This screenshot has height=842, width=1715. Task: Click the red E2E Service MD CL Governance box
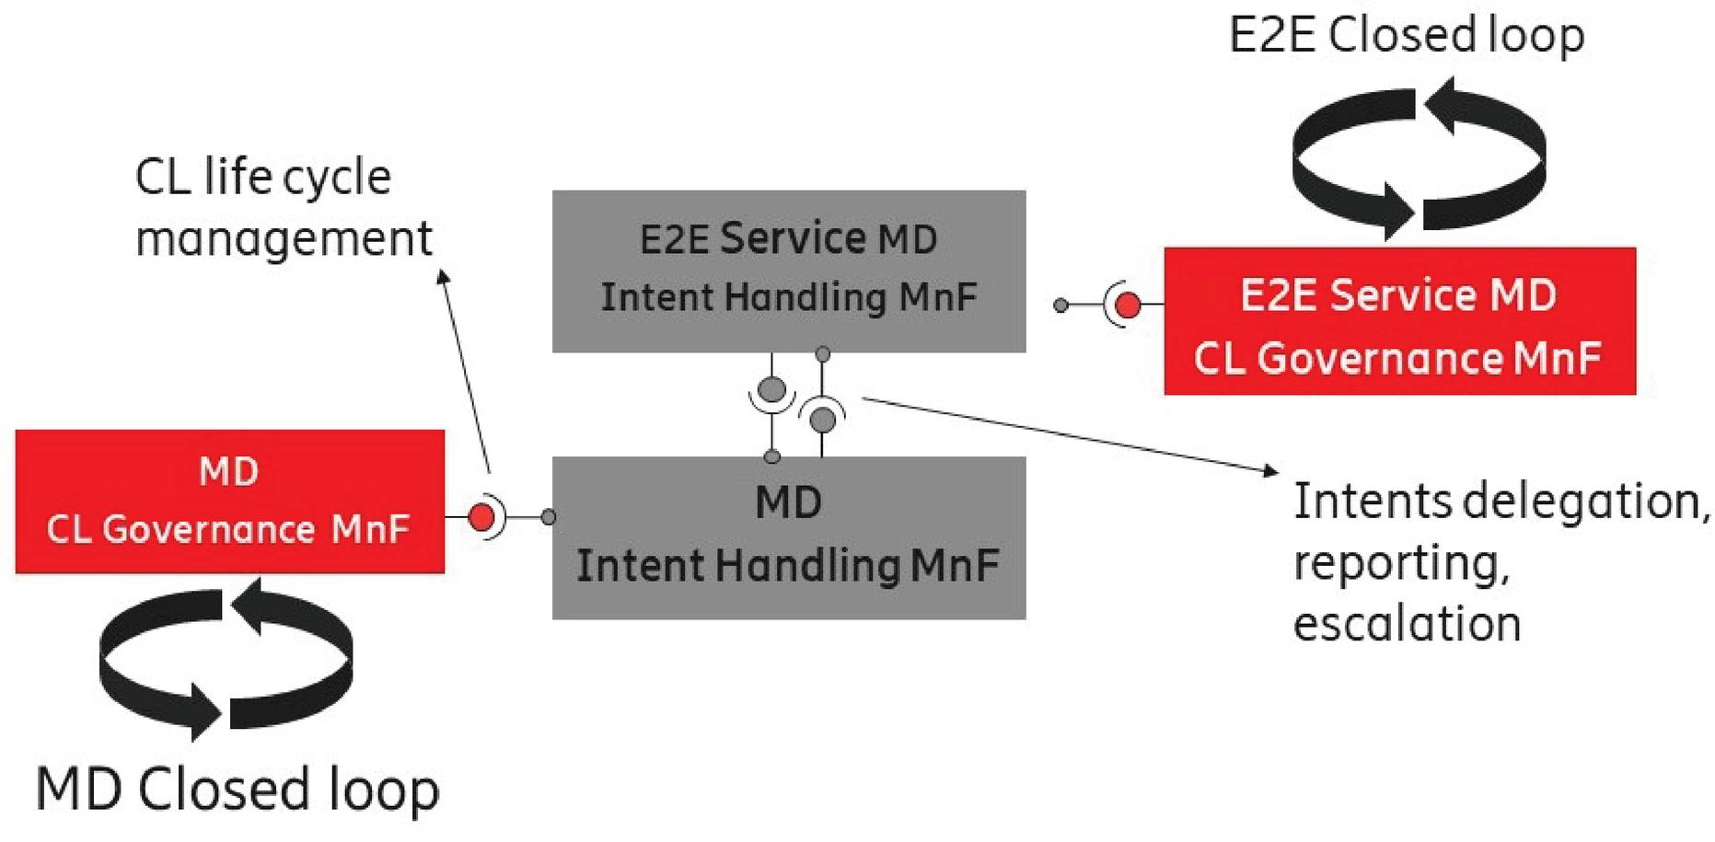[1399, 321]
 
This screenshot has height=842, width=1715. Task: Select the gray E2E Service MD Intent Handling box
[789, 271]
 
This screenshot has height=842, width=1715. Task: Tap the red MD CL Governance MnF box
[229, 501]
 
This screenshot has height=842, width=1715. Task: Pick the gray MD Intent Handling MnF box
[789, 537]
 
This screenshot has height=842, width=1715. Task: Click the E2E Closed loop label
[1406, 35]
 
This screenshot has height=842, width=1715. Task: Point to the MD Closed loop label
[238, 790]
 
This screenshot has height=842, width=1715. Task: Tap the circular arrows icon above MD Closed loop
[226, 659]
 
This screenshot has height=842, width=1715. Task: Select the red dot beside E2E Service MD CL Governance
[1128, 305]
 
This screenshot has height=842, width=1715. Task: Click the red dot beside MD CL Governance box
[481, 517]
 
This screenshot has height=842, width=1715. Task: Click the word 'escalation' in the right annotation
[1406, 624]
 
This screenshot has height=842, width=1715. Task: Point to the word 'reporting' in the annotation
[1400, 563]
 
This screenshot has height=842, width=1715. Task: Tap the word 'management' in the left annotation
[284, 239]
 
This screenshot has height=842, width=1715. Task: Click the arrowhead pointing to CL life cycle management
[443, 276]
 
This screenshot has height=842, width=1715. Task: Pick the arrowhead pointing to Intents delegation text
[1272, 471]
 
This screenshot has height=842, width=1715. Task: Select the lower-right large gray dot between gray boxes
[823, 420]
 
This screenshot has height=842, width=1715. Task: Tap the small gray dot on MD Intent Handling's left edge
[549, 517]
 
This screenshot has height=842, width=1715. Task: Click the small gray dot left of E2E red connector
[1060, 305]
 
